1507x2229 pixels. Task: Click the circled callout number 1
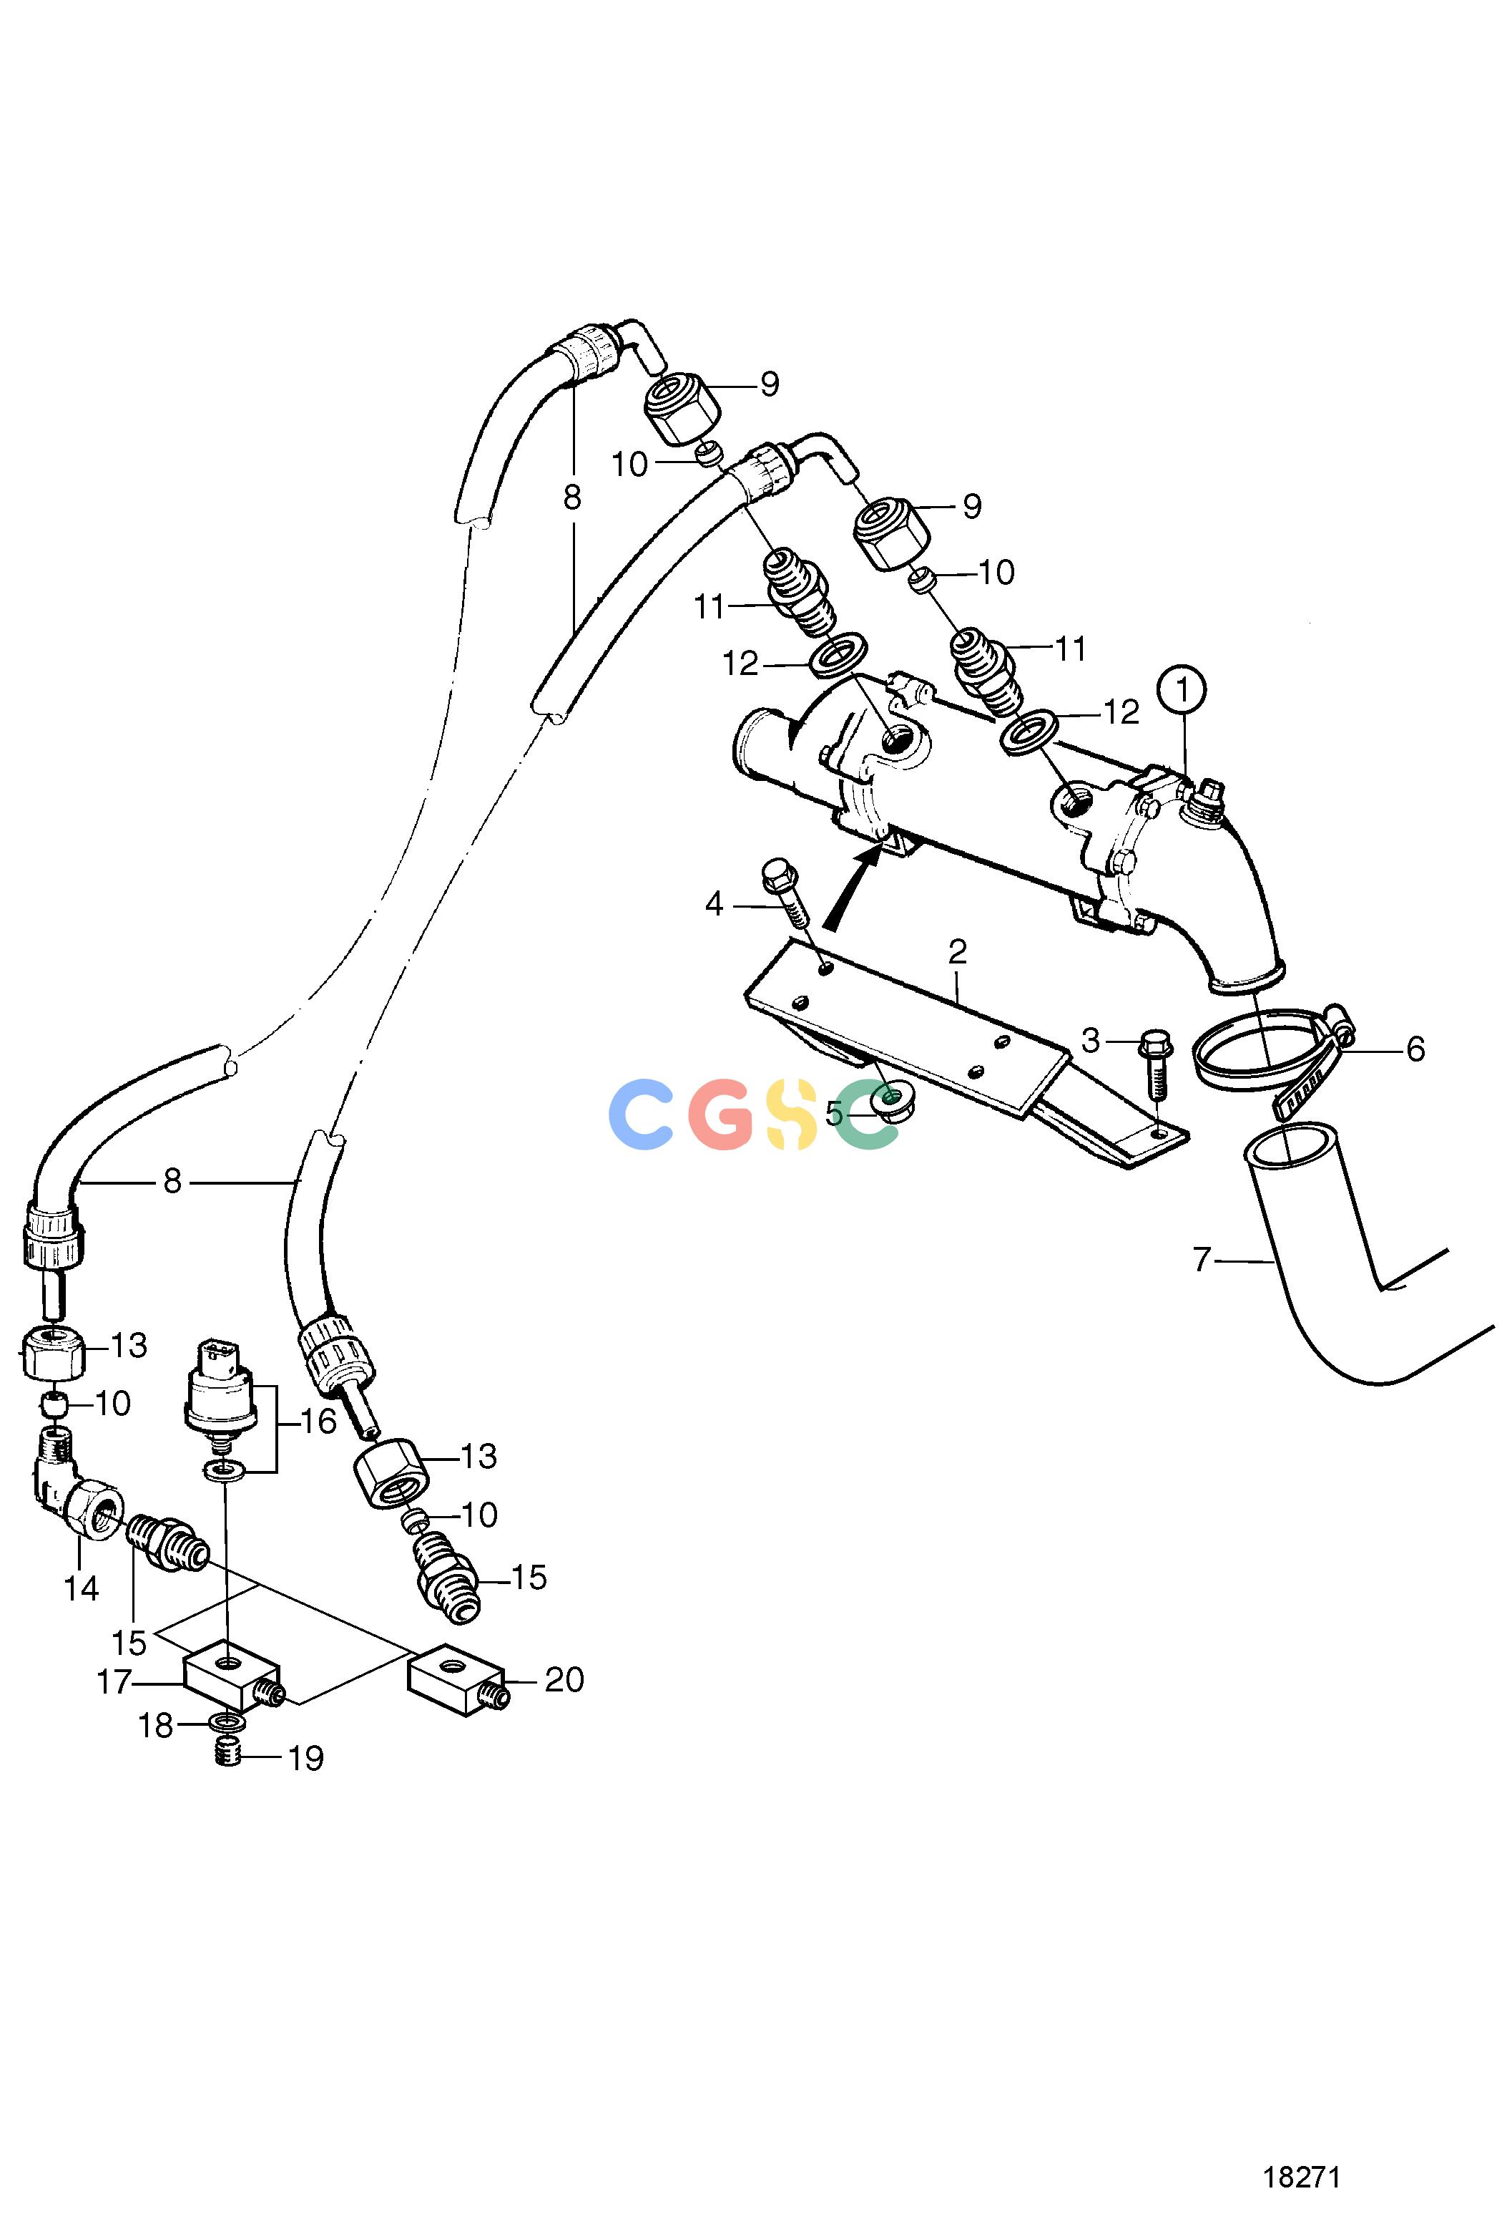point(1182,691)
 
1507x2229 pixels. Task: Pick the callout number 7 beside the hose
point(1202,1258)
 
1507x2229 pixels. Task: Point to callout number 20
point(564,1679)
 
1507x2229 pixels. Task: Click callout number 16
point(319,1422)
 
